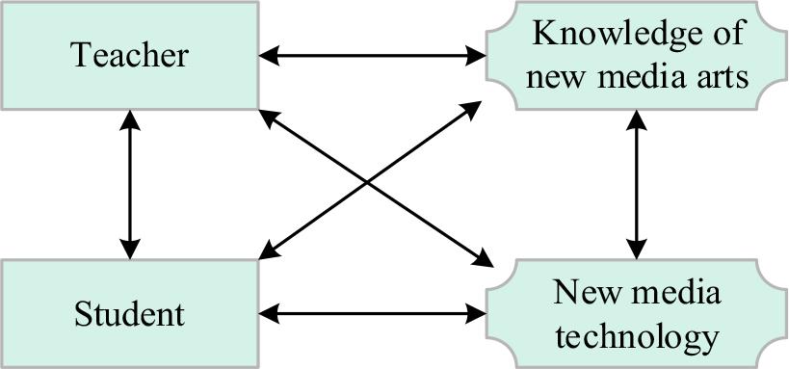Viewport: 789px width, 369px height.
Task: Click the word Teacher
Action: pos(129,55)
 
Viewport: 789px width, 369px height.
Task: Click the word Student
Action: pos(129,314)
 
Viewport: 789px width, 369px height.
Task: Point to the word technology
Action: pos(638,336)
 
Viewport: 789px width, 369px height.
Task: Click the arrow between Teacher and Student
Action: pos(129,183)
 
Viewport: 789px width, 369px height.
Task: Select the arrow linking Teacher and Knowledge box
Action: pos(373,56)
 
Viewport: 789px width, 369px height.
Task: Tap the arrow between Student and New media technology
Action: pos(373,313)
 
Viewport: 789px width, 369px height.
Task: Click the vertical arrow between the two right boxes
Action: pos(637,183)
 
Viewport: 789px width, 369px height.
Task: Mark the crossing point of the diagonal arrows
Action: pos(368,183)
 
